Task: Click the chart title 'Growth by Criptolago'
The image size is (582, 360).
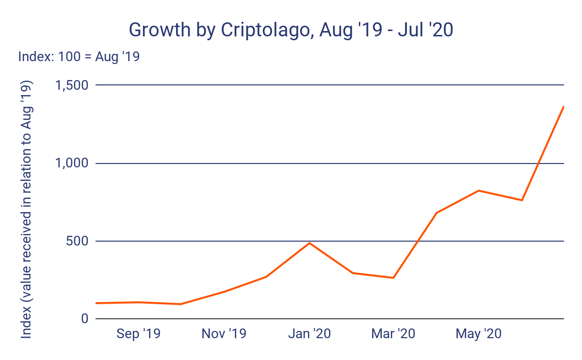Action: [x=291, y=30]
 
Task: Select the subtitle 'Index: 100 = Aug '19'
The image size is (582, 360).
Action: [x=79, y=57]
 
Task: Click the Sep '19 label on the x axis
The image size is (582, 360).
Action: [x=139, y=334]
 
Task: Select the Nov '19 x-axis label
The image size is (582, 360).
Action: [x=224, y=334]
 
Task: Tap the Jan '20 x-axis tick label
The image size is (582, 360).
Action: [x=309, y=334]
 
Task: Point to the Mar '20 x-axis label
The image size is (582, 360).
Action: [x=393, y=334]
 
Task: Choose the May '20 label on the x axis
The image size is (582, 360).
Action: [x=479, y=334]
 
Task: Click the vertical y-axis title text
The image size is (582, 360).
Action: [x=27, y=210]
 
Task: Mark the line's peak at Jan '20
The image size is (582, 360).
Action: [x=309, y=243]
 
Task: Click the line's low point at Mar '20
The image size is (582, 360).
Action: [x=393, y=278]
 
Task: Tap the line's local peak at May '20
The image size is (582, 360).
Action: [x=479, y=191]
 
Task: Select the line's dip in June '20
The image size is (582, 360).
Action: [x=522, y=200]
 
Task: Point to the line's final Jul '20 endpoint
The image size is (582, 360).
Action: [x=564, y=106]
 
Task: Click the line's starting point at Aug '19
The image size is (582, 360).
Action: [x=97, y=303]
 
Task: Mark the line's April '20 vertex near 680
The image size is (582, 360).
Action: [x=436, y=213]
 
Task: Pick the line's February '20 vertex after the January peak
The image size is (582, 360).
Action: [x=353, y=273]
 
